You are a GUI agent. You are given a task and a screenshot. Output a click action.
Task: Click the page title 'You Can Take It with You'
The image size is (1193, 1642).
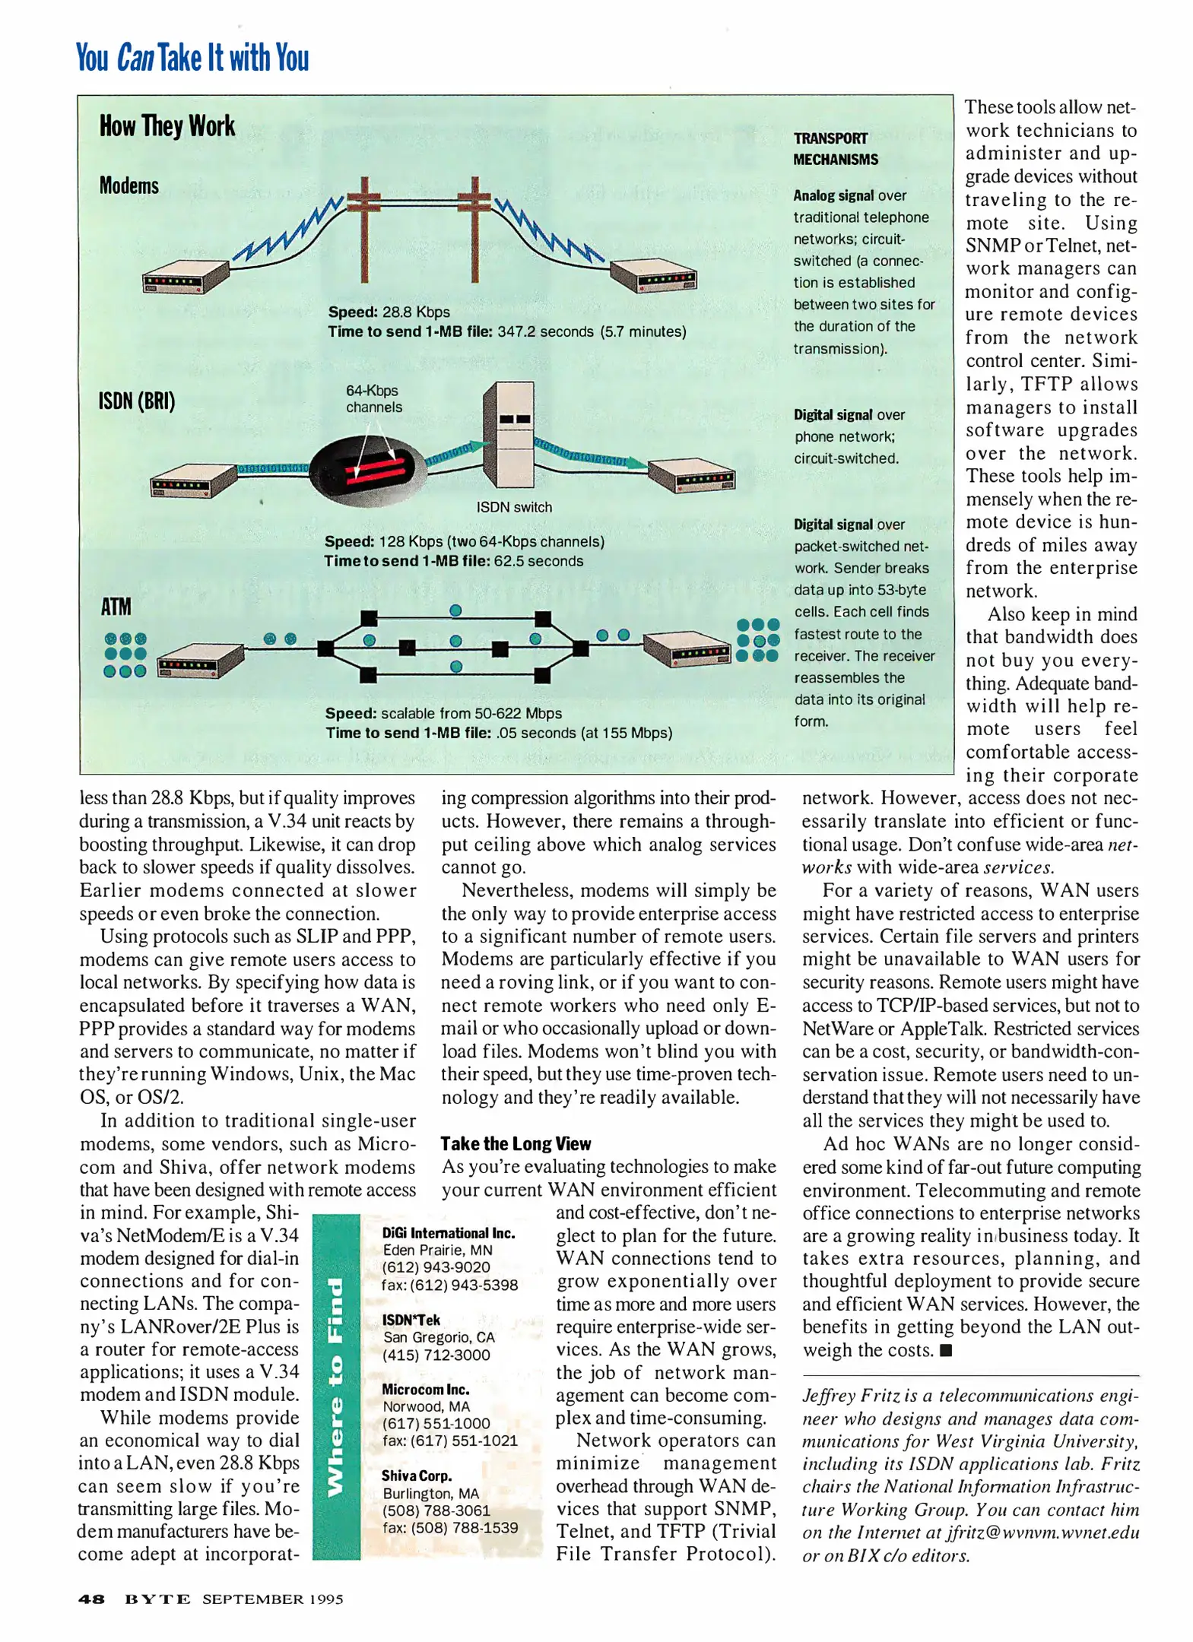tap(192, 58)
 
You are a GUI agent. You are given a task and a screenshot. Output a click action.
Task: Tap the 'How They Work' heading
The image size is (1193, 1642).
tap(167, 126)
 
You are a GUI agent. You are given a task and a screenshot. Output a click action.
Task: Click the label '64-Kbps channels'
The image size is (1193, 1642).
tap(373, 398)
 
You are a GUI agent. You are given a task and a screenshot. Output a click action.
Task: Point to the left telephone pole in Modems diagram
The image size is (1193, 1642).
tap(364, 228)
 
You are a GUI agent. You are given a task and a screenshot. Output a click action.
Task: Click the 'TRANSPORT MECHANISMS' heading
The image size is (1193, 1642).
tap(835, 148)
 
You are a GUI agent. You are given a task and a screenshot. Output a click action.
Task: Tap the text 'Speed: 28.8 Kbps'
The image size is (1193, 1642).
tap(389, 312)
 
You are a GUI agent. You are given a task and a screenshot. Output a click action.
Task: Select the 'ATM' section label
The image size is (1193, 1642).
tap(116, 607)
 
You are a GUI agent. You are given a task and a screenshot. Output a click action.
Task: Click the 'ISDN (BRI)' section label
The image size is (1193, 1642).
tap(137, 401)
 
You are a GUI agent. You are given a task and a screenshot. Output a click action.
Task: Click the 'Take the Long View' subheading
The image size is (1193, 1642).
tap(515, 1143)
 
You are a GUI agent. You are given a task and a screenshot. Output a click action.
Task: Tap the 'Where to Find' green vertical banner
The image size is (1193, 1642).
tap(335, 1387)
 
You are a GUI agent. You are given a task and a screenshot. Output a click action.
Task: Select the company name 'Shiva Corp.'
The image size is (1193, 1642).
tap(417, 1476)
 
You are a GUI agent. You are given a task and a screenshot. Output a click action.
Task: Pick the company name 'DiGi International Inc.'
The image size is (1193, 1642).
tap(448, 1233)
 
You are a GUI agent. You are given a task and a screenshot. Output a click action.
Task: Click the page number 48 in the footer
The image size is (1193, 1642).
tap(91, 1599)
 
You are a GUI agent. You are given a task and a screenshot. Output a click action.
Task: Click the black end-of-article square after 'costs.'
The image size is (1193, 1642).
tap(946, 1350)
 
